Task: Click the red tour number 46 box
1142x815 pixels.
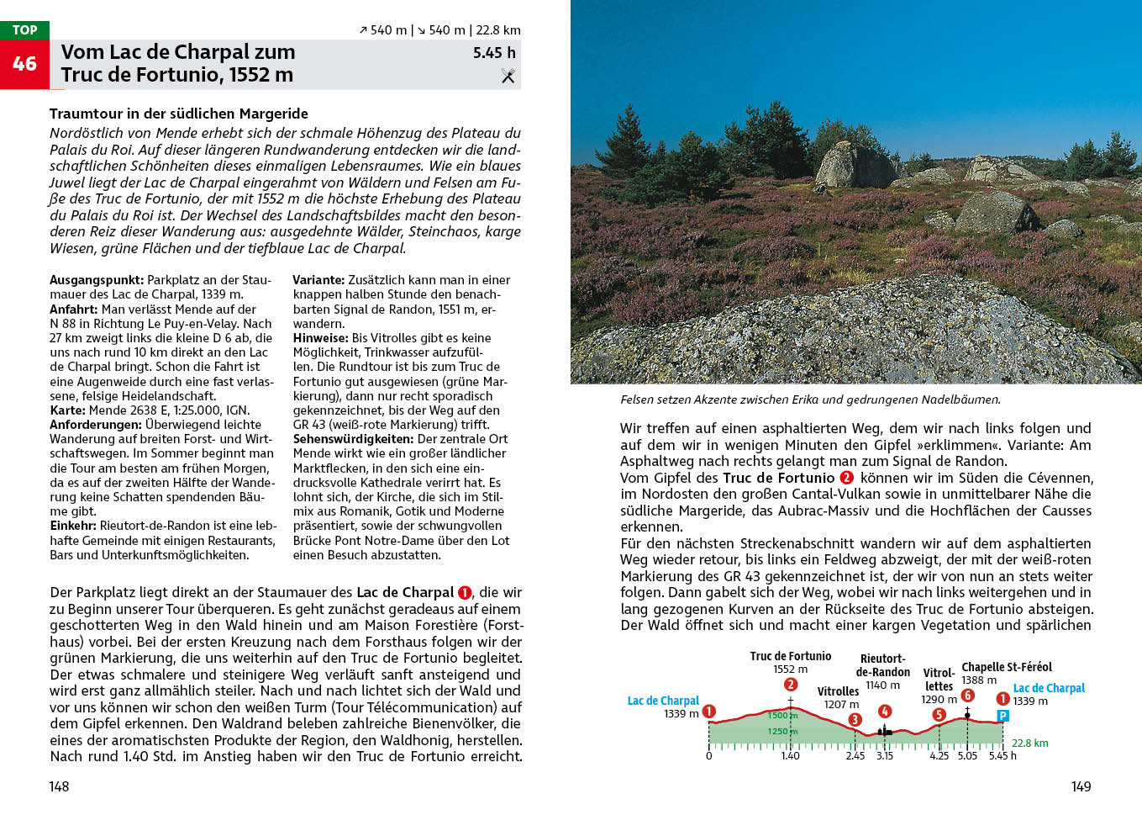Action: click(x=24, y=64)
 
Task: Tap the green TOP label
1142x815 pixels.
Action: click(x=24, y=30)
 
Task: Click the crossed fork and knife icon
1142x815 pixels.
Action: click(x=508, y=76)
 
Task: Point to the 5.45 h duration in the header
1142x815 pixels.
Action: click(x=494, y=52)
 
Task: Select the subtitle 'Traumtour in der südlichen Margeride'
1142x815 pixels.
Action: click(x=178, y=114)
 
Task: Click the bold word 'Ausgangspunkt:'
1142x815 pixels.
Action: click(x=97, y=280)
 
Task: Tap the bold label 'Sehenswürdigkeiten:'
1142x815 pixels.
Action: click(x=353, y=439)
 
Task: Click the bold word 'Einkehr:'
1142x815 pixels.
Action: click(x=73, y=526)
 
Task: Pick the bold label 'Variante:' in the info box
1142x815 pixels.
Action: click(x=318, y=280)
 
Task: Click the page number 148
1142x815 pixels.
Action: click(x=59, y=786)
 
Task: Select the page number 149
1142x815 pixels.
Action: click(x=1081, y=786)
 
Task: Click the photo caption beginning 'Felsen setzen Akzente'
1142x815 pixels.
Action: click(x=810, y=400)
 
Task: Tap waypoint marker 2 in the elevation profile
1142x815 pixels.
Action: click(x=790, y=685)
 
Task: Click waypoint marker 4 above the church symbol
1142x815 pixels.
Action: click(x=884, y=712)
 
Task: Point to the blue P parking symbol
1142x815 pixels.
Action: click(x=1002, y=716)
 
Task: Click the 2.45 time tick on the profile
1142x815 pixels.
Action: click(x=855, y=755)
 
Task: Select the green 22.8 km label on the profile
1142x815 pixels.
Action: click(x=1029, y=743)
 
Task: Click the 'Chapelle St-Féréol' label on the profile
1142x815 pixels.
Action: click(x=1006, y=667)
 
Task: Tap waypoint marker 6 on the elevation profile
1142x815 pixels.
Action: click(x=967, y=696)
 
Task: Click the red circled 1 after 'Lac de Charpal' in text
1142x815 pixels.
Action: click(x=465, y=593)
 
